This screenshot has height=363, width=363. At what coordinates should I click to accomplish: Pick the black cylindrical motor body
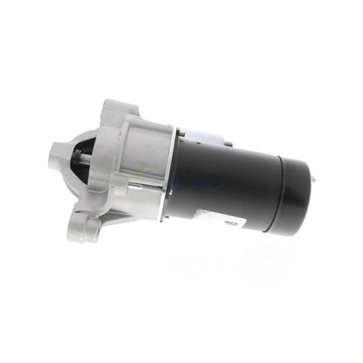[227, 183]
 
